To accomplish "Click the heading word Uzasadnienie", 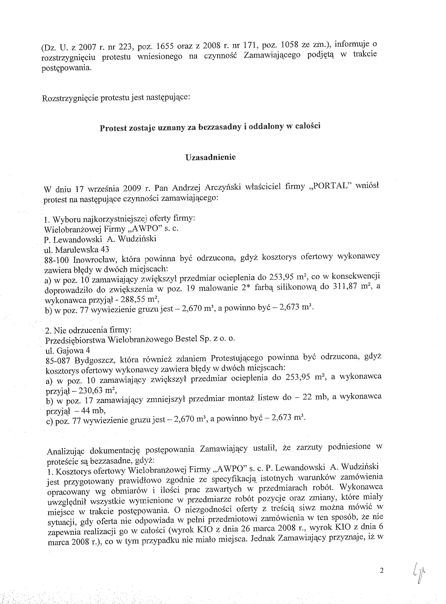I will click(x=211, y=157).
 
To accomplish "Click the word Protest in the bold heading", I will click(x=113, y=128).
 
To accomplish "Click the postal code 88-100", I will click(x=57, y=260).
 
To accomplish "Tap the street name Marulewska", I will click(x=76, y=250).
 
